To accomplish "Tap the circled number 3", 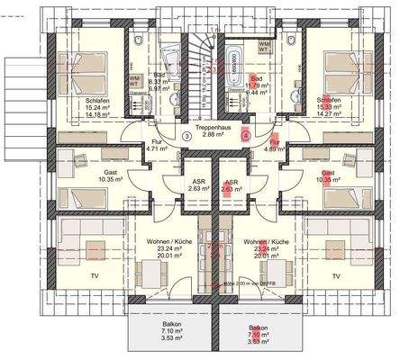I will pyautogui.click(x=186, y=136).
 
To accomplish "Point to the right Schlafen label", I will pyautogui.click(x=329, y=101).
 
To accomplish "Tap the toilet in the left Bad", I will pyautogui.click(x=134, y=45).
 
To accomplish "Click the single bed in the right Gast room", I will pyautogui.click(x=339, y=193).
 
